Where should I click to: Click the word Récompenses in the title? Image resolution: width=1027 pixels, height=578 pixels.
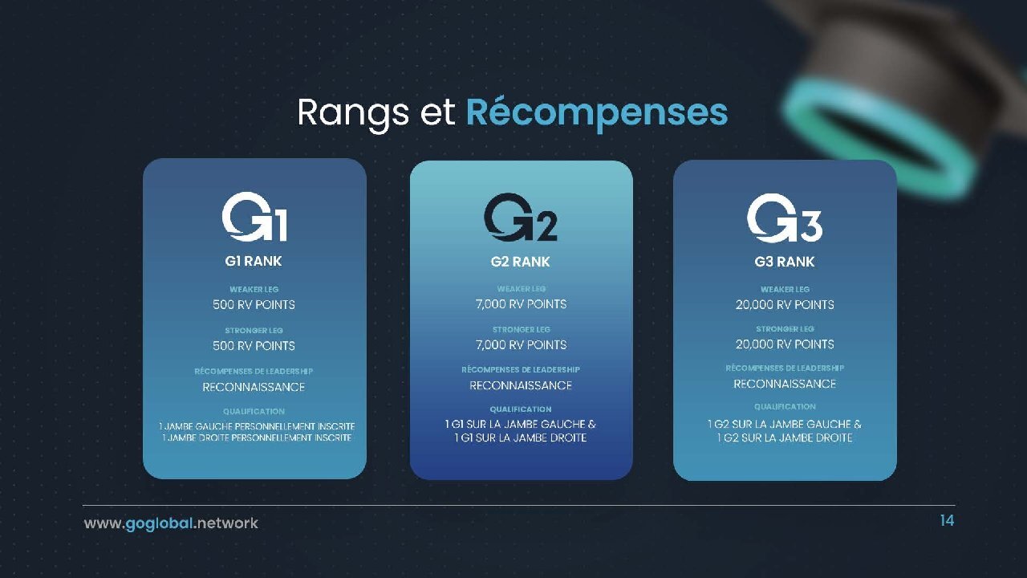coord(597,113)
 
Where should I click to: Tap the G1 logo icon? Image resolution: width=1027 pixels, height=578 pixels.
coord(254,217)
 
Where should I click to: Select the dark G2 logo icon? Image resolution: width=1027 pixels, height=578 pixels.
coord(521,217)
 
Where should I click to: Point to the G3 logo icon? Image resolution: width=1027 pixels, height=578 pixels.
coord(785,218)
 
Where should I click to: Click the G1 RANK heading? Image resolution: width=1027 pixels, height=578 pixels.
coord(254,261)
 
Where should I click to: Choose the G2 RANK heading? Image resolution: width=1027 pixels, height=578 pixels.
coord(521,262)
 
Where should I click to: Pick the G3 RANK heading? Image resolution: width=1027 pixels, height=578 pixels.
coord(785,262)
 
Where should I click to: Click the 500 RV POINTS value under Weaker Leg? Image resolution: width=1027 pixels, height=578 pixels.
coord(254,304)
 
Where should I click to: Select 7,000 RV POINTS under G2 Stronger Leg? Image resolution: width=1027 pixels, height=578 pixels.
coord(521,344)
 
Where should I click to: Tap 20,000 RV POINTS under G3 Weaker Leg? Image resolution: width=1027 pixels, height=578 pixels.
coord(785,304)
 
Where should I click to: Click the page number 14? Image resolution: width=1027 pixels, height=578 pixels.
coord(947,521)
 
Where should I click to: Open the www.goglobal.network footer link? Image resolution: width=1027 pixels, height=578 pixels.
coord(171,523)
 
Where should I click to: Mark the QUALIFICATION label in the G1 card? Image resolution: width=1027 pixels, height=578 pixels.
coord(254,412)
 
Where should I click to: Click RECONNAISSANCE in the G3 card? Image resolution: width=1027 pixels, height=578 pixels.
coord(785,384)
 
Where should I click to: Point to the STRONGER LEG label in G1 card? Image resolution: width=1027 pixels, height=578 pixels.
coord(254,330)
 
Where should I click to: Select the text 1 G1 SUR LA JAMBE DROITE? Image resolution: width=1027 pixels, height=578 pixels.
coord(521,438)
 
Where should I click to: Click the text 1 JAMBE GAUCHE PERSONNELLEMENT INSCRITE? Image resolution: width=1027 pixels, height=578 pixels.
coord(257,426)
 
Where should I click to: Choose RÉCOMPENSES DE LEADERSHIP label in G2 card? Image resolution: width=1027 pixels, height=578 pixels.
coord(521,370)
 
